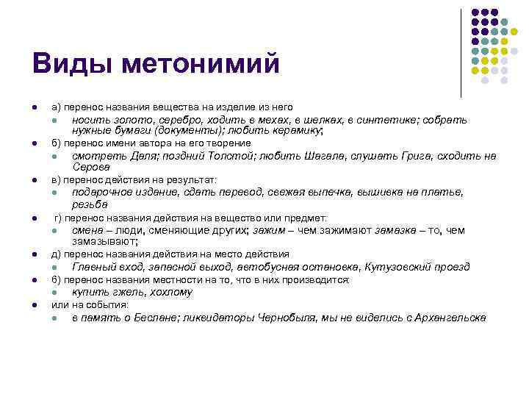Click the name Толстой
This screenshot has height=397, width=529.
pos(201,156)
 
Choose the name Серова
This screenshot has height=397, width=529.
pos(91,167)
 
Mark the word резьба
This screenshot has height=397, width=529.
pos(90,204)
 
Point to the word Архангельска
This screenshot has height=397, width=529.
pos(450,318)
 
